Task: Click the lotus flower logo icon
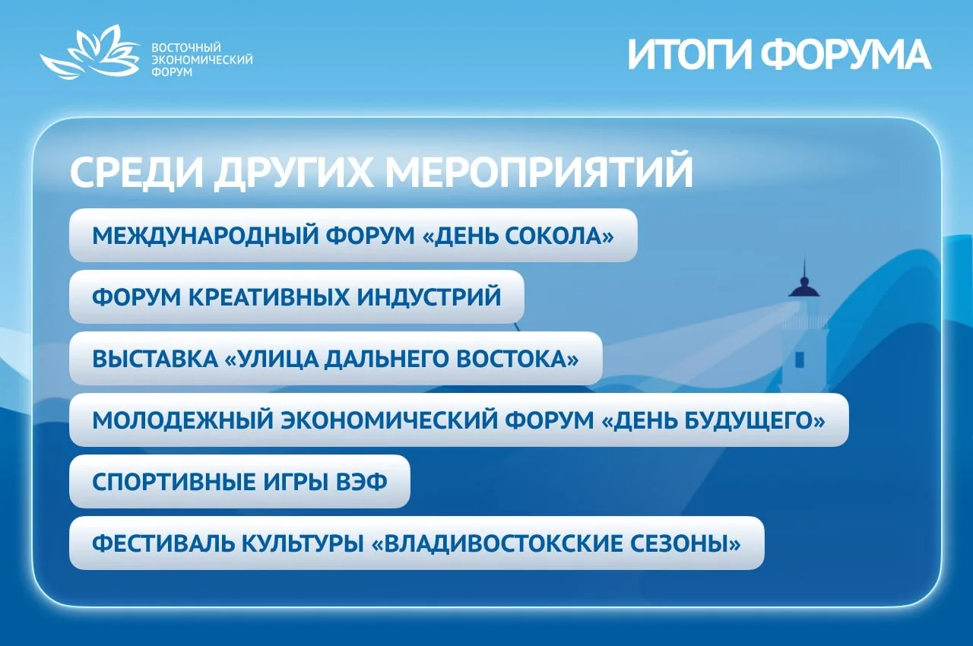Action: [90, 52]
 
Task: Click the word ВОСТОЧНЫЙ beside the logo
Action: [186, 47]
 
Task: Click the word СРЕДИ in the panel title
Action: [136, 173]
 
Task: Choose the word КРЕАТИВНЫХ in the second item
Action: [269, 297]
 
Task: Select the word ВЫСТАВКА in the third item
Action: [155, 359]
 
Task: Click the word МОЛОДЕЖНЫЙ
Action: [183, 420]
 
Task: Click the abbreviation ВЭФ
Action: [361, 482]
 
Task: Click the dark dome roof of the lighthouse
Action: [804, 287]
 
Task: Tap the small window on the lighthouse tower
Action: [800, 360]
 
